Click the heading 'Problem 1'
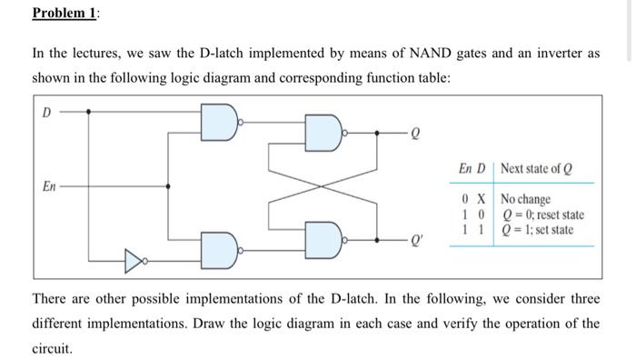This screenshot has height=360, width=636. click(66, 13)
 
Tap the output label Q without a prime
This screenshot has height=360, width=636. click(416, 132)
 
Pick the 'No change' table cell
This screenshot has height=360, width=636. click(525, 198)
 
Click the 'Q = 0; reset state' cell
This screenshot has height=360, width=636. click(542, 214)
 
